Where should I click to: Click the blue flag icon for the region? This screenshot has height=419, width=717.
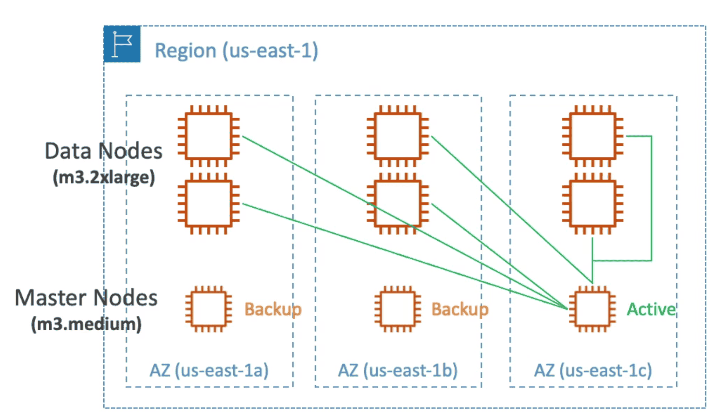pyautogui.click(x=122, y=44)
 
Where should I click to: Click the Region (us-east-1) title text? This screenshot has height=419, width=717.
pyautogui.click(x=236, y=51)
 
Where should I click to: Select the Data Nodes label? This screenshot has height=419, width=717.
pyautogui.click(x=104, y=151)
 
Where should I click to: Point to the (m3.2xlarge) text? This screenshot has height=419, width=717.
pyautogui.click(x=104, y=177)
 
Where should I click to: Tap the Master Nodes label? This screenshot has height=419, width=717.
pyautogui.click(x=86, y=297)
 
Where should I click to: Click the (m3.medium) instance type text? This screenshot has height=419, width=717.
pyautogui.click(x=86, y=324)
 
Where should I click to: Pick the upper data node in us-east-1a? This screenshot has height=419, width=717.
pyautogui.click(x=209, y=136)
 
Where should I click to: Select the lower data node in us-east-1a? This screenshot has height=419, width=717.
pyautogui.click(x=209, y=203)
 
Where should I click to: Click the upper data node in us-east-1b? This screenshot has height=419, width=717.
pyautogui.click(x=398, y=136)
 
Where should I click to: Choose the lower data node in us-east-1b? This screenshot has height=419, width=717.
pyautogui.click(x=398, y=203)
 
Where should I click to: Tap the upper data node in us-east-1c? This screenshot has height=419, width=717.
pyautogui.click(x=593, y=136)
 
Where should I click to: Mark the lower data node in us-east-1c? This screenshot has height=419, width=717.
pyautogui.click(x=593, y=203)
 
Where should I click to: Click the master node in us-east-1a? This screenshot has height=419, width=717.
pyautogui.click(x=209, y=309)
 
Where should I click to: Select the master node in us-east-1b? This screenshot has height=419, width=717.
pyautogui.click(x=398, y=309)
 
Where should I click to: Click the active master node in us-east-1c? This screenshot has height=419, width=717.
pyautogui.click(x=593, y=309)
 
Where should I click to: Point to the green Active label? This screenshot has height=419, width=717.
pyautogui.click(x=651, y=309)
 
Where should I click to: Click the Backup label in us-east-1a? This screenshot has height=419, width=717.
pyautogui.click(x=273, y=309)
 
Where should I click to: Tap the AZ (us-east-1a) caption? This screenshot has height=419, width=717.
pyautogui.click(x=209, y=370)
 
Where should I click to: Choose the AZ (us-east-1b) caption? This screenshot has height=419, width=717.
pyautogui.click(x=398, y=370)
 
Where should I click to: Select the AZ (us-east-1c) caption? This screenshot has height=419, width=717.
pyautogui.click(x=593, y=370)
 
